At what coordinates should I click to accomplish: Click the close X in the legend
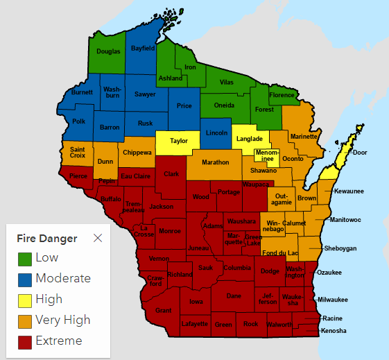pos(98,238)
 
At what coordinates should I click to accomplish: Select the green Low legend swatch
pos(25,258)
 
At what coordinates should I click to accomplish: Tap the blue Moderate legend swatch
pos(25,279)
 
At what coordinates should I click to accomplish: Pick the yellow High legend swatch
pos(25,300)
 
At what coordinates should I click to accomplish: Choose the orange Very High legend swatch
pos(25,320)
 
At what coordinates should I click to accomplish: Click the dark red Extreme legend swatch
pos(25,341)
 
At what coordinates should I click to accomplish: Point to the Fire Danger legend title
pos(47,238)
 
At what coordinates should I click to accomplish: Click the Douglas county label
pos(108,51)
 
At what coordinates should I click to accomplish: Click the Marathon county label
pos(216,162)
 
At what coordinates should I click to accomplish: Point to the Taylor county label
pos(179,141)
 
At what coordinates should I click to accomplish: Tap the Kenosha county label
pos(334,331)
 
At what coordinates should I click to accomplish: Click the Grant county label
pos(164,310)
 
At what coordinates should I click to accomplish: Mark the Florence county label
pos(282,94)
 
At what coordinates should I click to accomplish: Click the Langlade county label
pos(250,139)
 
